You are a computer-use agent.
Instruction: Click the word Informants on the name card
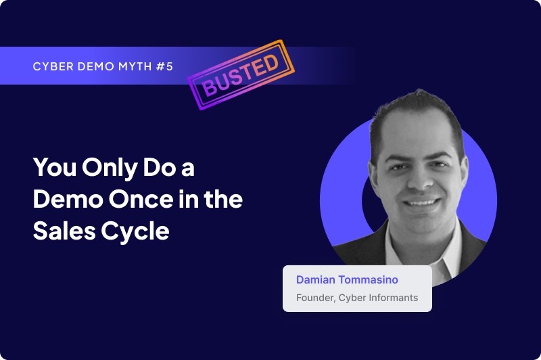pyautogui.click(x=393, y=297)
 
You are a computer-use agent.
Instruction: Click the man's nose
pyautogui.click(x=419, y=183)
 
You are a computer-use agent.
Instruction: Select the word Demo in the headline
pyautogui.click(x=64, y=200)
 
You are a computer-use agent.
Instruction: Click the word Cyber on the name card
pyautogui.click(x=354, y=297)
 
